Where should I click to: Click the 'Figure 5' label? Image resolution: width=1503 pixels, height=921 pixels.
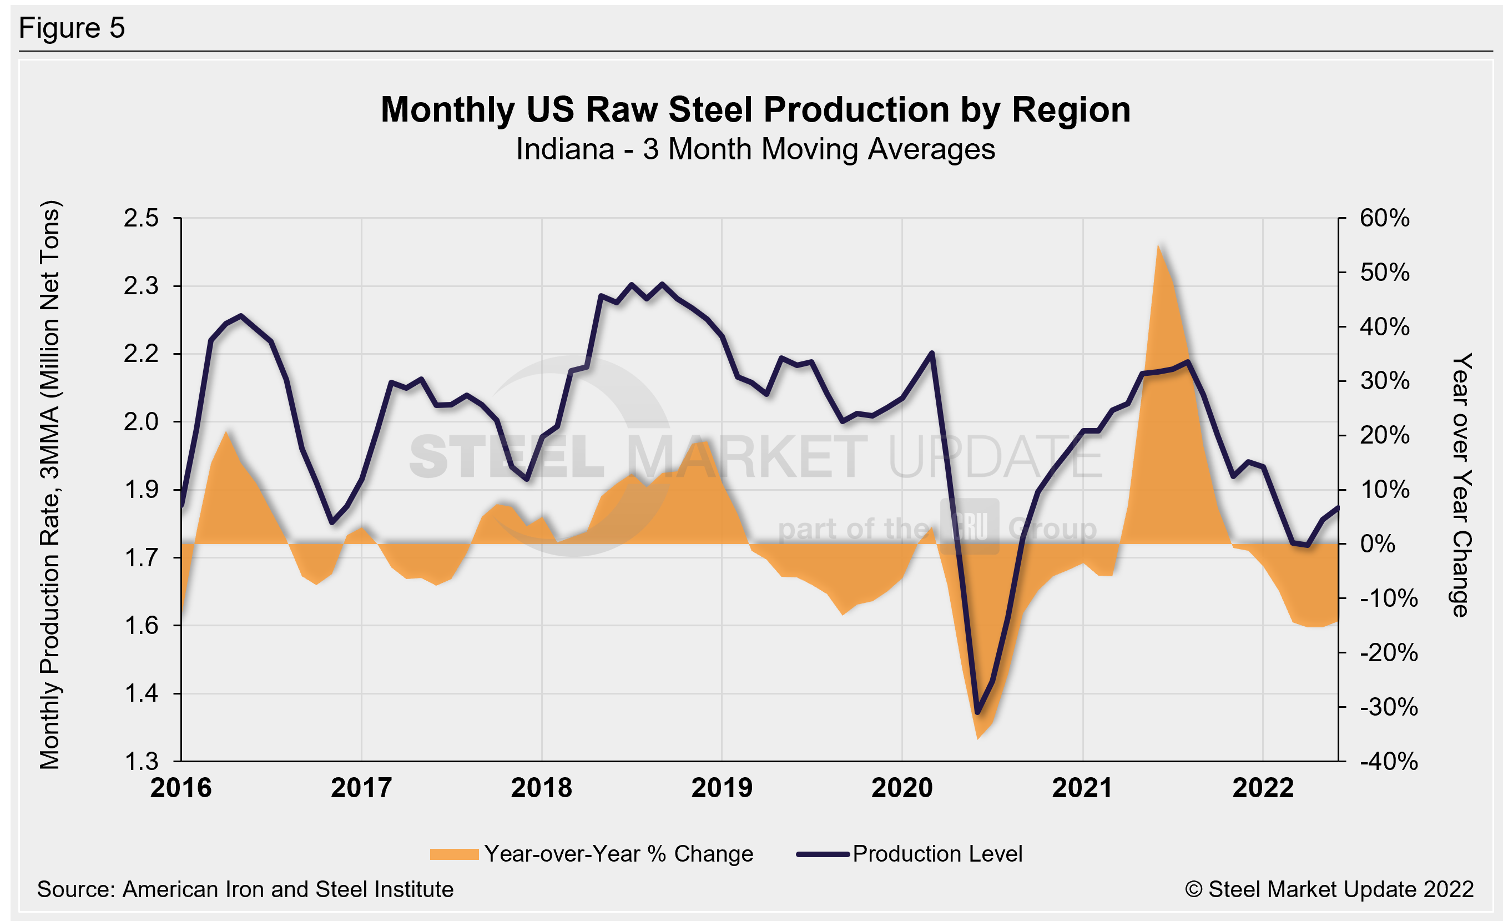pyautogui.click(x=72, y=28)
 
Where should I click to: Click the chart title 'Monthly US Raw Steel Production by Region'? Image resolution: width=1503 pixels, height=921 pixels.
pyautogui.click(x=755, y=110)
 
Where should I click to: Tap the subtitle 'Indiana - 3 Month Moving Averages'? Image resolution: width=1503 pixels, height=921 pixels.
pyautogui.click(x=755, y=149)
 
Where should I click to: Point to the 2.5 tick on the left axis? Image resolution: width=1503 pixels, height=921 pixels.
pyautogui.click(x=141, y=218)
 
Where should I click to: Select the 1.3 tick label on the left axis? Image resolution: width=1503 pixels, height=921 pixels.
pyautogui.click(x=141, y=761)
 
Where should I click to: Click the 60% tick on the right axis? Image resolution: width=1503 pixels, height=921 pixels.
pyautogui.click(x=1384, y=218)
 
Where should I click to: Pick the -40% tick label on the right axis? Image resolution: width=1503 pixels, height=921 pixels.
pyautogui.click(x=1388, y=761)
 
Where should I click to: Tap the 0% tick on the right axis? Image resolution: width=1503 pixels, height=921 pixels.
pyautogui.click(x=1378, y=543)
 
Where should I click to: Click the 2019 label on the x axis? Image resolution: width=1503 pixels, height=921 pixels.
pyautogui.click(x=722, y=788)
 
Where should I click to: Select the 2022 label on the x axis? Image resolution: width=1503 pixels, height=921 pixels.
pyautogui.click(x=1263, y=788)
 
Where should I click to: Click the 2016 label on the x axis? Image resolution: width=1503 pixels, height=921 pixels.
pyautogui.click(x=181, y=788)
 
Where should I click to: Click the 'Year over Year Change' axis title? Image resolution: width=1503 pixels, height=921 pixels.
pyautogui.click(x=1461, y=485)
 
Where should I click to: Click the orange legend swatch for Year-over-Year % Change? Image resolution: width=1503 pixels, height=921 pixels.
pyautogui.click(x=454, y=854)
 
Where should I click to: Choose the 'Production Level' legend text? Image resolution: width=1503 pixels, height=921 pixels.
pyautogui.click(x=937, y=854)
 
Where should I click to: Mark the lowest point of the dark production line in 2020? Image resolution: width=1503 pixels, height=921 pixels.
pyautogui.click(x=978, y=712)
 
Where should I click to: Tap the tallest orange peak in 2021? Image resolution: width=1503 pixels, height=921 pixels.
pyautogui.click(x=1158, y=245)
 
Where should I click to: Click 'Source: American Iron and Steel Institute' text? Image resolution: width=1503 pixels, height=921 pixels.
pyautogui.click(x=245, y=889)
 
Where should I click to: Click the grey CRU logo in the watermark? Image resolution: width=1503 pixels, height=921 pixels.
pyautogui.click(x=969, y=526)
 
